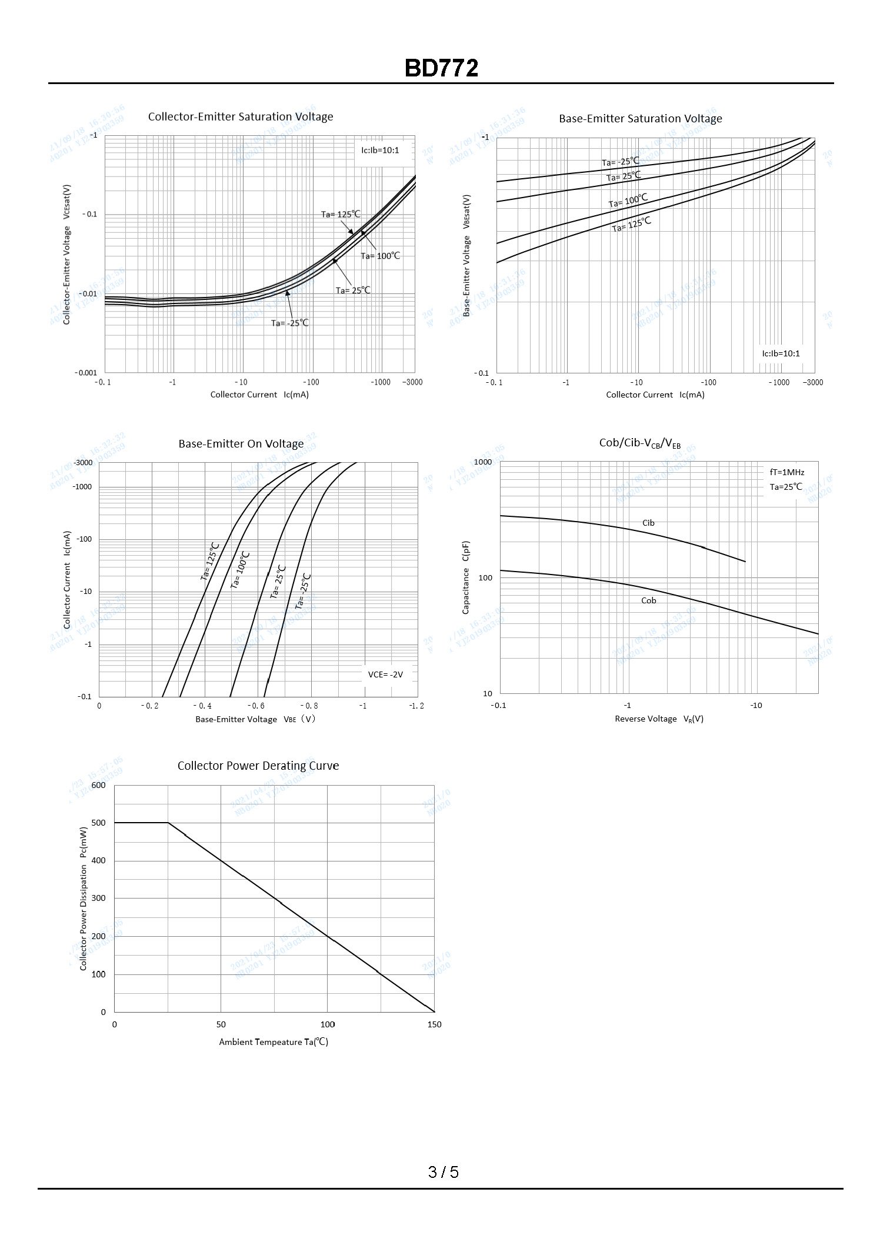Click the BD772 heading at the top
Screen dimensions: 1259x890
pos(441,68)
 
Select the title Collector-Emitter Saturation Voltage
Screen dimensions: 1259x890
pos(241,116)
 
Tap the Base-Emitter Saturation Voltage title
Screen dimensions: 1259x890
pos(640,118)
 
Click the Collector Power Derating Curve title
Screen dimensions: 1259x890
pos(258,766)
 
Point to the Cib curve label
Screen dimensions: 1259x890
pos(648,523)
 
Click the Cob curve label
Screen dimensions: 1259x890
pos(648,600)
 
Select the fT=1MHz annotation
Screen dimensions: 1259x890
pos(786,472)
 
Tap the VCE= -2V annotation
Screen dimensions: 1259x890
pos(385,674)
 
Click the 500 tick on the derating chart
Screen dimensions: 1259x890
pos(99,823)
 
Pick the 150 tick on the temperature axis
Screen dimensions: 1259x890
pos(434,1024)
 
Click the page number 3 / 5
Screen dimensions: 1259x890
pos(444,1172)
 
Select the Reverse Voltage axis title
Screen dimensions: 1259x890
pos(659,719)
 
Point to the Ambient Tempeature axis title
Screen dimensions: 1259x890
pos(274,1042)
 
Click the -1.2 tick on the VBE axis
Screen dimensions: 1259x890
pos(416,706)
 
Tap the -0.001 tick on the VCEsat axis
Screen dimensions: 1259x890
pos(86,373)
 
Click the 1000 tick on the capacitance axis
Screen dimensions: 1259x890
pos(482,462)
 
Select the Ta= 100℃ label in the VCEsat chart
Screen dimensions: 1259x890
pos(380,256)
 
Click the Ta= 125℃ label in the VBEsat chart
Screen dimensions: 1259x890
pos(631,225)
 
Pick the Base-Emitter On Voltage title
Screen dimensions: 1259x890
pos(241,443)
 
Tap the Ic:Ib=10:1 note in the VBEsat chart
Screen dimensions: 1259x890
pos(781,353)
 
